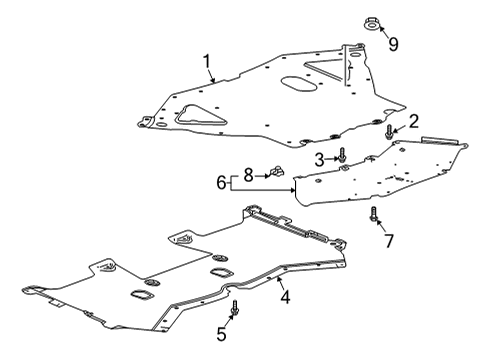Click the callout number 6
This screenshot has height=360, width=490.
[x=221, y=183]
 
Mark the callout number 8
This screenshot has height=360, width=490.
[x=250, y=173]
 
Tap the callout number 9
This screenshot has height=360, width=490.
[x=393, y=43]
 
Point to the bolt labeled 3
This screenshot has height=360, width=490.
[x=341, y=156]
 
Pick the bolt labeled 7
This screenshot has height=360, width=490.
[x=373, y=214]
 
